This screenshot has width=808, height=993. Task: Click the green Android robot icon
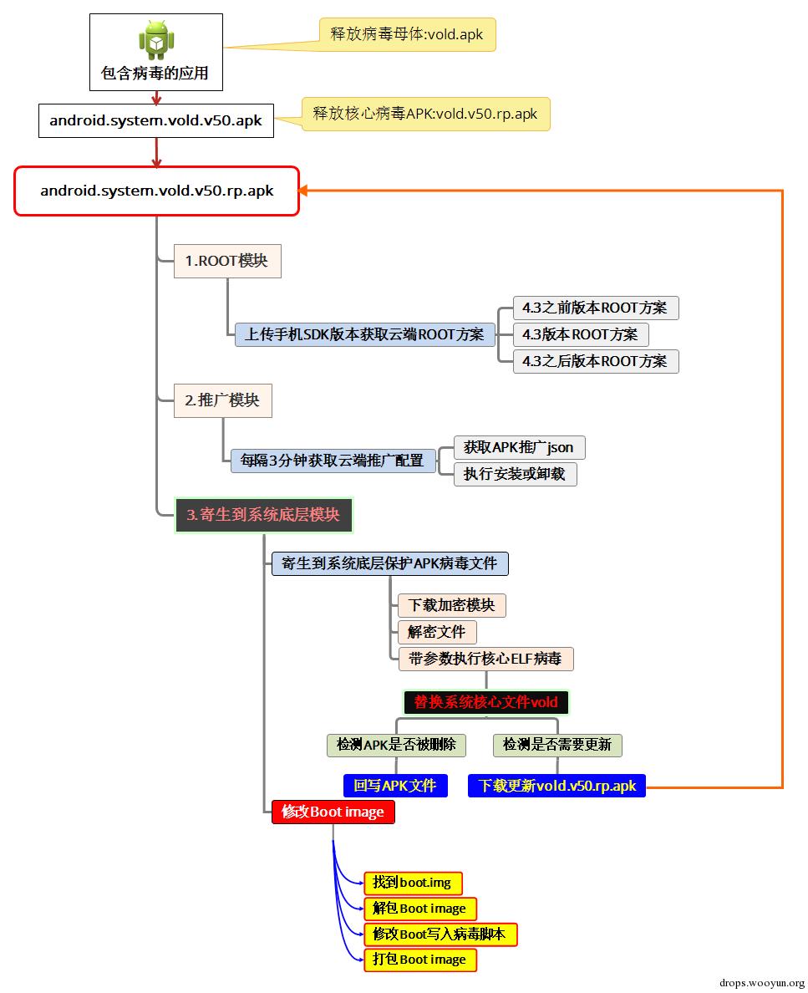[156, 40]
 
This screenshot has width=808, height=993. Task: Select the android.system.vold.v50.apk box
[156, 120]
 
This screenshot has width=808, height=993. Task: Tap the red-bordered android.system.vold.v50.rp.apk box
[156, 191]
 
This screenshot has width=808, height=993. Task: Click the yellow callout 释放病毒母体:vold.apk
[407, 34]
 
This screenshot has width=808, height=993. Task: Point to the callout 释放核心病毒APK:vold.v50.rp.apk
[425, 114]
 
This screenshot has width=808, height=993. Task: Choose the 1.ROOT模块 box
[227, 261]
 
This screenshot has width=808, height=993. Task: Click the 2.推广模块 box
[223, 400]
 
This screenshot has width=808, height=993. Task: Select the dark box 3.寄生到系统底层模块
[263, 515]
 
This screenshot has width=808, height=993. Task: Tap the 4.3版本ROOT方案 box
[581, 334]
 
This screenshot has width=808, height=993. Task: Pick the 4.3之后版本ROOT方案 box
[596, 361]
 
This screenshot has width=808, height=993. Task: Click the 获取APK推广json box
[519, 448]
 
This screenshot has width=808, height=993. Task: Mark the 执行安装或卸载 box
[516, 474]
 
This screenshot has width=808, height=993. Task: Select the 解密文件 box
[437, 632]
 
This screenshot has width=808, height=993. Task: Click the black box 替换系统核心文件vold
[486, 702]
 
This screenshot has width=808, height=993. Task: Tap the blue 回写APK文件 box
[396, 786]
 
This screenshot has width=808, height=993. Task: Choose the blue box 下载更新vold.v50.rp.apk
[557, 786]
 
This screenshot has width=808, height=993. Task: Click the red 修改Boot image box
[333, 812]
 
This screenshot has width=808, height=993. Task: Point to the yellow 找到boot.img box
[413, 883]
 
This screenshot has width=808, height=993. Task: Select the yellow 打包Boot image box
[419, 960]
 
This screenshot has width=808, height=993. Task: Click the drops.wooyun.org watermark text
[762, 983]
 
